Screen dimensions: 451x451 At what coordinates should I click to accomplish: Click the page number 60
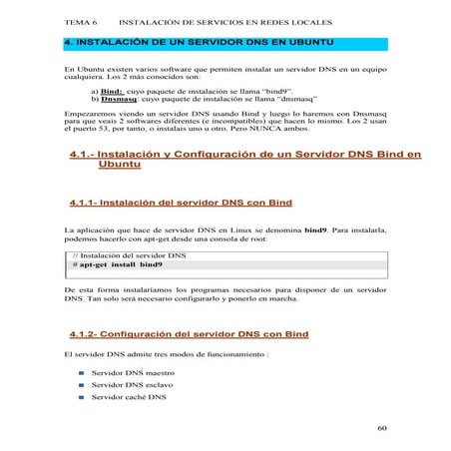point(382,428)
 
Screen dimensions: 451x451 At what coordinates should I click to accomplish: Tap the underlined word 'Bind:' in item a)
point(112,90)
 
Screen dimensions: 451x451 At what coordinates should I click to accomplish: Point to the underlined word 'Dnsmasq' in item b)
point(117,99)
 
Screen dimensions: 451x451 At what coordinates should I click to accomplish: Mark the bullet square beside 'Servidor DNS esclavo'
point(81,384)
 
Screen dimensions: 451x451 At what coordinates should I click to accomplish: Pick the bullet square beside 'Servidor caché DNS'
point(81,397)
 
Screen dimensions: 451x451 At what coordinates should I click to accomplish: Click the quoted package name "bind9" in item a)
point(278,90)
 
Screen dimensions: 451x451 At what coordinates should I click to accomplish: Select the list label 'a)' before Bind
point(94,90)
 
